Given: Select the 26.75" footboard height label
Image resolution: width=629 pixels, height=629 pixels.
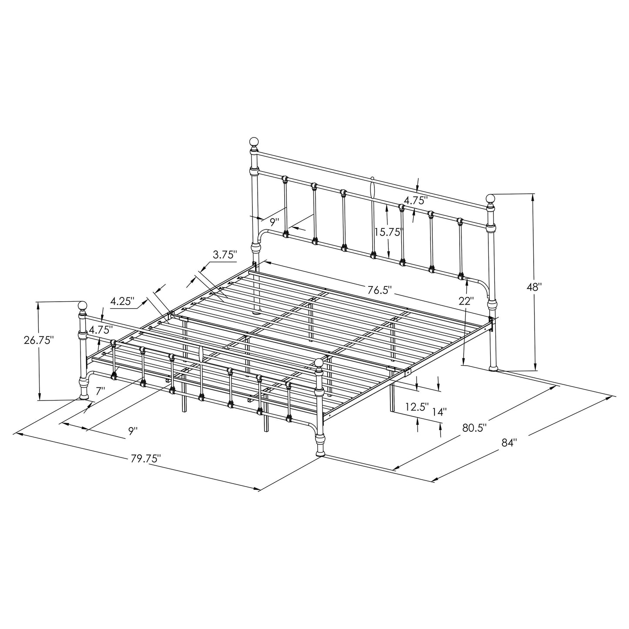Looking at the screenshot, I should pyautogui.click(x=39, y=340).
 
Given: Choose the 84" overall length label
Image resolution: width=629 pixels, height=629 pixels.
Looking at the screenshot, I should pyautogui.click(x=508, y=443).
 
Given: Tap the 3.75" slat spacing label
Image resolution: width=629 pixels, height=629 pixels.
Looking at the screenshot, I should pyautogui.click(x=225, y=255).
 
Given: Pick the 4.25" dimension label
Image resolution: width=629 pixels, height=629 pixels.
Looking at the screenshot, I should pyautogui.click(x=123, y=301).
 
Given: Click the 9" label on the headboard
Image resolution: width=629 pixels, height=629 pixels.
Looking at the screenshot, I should pyautogui.click(x=274, y=222).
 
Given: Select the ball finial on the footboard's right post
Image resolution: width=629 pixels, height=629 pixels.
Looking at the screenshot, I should pyautogui.click(x=319, y=363).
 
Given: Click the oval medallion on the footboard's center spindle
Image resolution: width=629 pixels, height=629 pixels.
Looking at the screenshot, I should pyautogui.click(x=201, y=354).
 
